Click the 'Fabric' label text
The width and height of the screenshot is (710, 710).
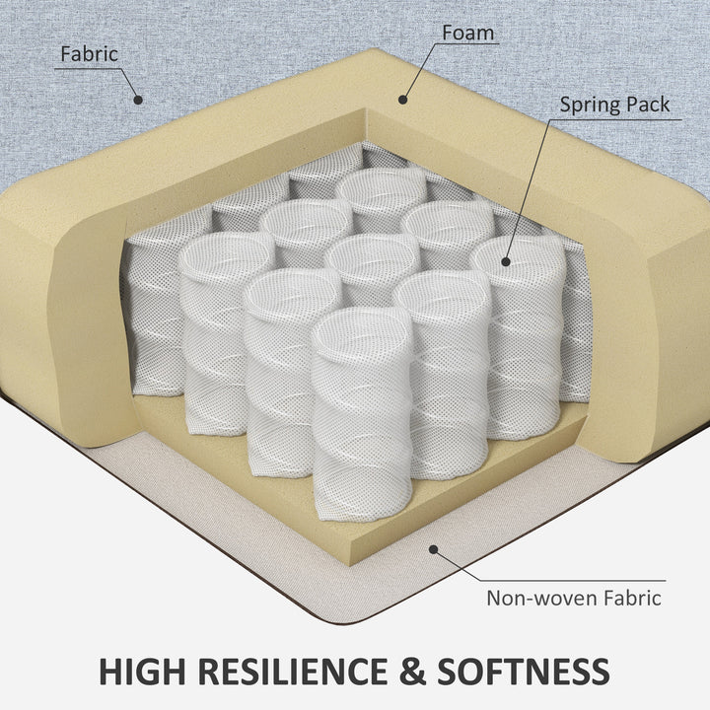[89, 54]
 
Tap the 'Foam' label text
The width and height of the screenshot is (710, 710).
[467, 33]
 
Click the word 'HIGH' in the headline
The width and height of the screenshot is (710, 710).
[142, 672]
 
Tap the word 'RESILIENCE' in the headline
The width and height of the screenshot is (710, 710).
[293, 672]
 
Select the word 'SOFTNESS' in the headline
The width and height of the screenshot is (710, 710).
[523, 672]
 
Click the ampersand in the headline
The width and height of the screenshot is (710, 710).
[411, 672]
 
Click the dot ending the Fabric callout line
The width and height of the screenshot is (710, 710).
[139, 100]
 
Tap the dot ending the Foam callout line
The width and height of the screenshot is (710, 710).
[402, 100]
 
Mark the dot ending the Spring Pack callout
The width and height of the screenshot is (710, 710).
[506, 261]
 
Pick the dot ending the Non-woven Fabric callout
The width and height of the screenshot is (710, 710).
[433, 549]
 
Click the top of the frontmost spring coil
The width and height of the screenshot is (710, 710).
[361, 334]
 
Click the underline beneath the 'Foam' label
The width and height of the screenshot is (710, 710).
[466, 44]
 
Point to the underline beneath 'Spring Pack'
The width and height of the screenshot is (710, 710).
[615, 120]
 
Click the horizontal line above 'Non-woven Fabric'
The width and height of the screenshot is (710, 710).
[572, 580]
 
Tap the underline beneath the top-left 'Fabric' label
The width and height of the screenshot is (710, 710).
[88, 69]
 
